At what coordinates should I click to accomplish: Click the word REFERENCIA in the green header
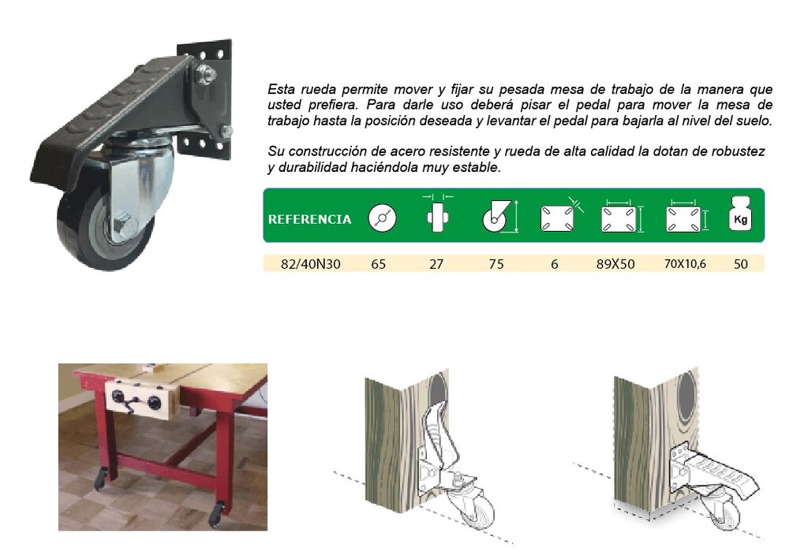309,219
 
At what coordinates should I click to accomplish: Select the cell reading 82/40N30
310,264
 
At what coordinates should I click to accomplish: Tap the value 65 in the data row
379,264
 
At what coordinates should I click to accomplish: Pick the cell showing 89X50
615,264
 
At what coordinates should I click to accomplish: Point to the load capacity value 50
740,264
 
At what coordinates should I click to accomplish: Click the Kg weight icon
740,214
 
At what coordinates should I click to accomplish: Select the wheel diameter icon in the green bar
382,218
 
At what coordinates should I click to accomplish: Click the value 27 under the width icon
436,264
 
